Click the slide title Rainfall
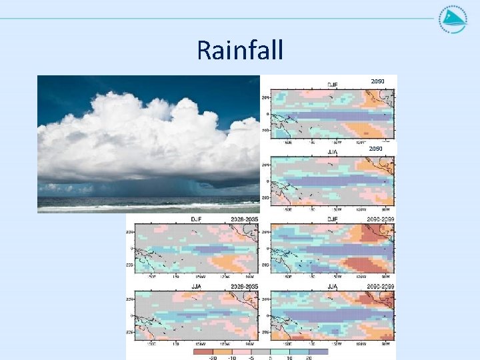tap(240, 50)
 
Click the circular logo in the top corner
tap(453, 19)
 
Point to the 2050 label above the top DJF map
tap(377, 81)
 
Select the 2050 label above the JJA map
tap(376, 149)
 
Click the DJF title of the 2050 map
tap(332, 85)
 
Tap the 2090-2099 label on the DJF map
tap(380, 218)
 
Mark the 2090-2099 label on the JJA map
tap(380, 287)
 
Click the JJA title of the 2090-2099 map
tap(332, 287)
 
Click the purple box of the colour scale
tap(318, 351)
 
